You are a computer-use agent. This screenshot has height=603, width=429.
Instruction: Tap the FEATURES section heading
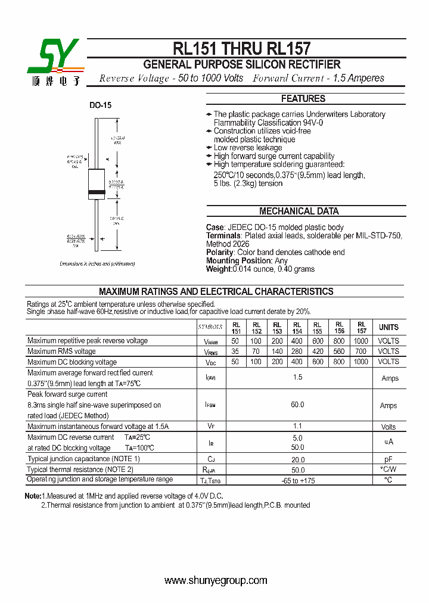coord(303,99)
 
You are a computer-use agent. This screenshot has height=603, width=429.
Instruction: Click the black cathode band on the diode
coord(97,192)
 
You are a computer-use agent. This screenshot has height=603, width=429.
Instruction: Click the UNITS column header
coord(388,328)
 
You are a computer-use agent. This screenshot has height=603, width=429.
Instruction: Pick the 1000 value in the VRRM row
coord(360,341)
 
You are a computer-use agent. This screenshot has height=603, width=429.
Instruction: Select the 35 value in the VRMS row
coord(235,352)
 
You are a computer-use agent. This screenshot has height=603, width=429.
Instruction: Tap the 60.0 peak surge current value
coord(297,405)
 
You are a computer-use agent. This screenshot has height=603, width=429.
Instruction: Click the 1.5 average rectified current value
coord(297,377)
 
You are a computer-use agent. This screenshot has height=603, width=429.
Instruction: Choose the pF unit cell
coord(388,459)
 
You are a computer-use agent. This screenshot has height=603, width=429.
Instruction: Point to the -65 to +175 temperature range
coord(297,480)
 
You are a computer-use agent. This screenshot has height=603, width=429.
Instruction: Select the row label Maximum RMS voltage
coord(61,352)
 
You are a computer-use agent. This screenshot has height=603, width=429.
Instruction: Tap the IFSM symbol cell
coord(210,405)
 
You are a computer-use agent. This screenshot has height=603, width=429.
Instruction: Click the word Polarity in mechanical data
coord(220,252)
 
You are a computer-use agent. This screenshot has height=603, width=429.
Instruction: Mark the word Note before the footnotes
coord(32,496)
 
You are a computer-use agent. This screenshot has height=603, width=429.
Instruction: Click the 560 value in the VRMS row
coord(339,352)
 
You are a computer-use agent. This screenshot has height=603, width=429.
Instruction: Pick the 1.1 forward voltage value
coord(297,426)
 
